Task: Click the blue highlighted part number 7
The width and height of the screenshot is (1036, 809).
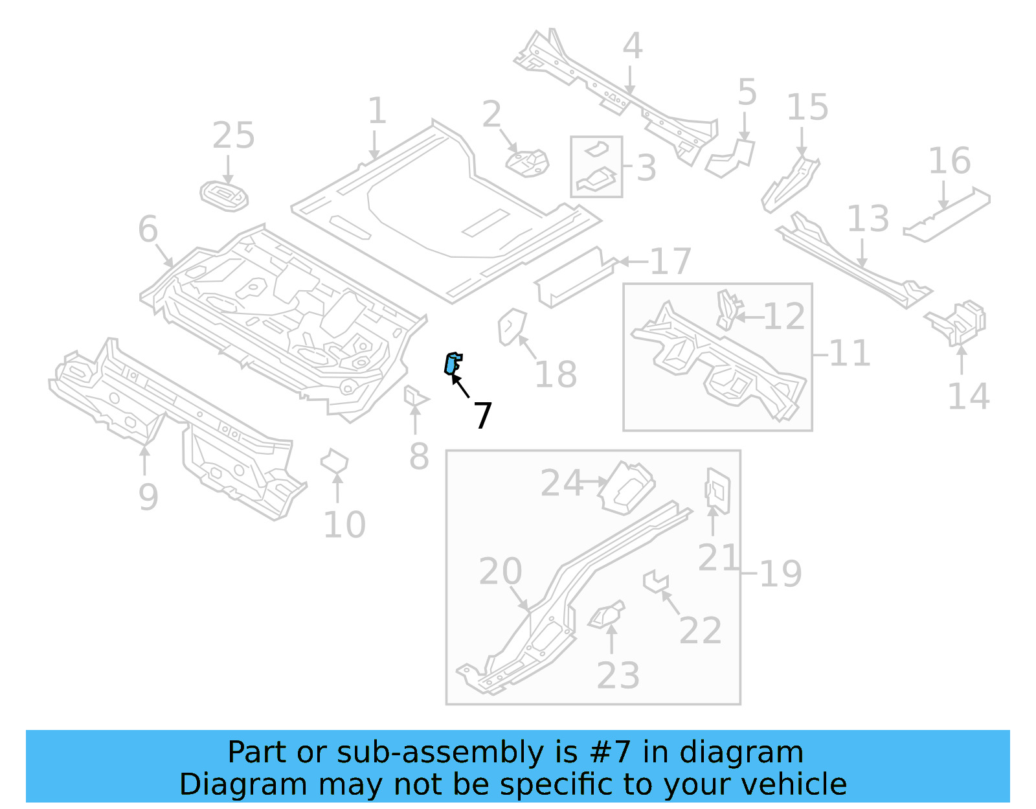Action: click(x=453, y=363)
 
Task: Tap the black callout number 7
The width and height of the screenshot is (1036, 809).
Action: click(x=482, y=415)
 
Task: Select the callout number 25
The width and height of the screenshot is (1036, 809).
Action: click(x=233, y=136)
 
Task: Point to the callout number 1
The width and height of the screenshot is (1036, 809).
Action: click(x=377, y=111)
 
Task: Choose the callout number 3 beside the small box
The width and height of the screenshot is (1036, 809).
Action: click(x=646, y=168)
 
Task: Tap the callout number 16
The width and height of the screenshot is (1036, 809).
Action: click(x=949, y=161)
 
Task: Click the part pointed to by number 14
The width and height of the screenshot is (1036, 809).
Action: click(x=961, y=322)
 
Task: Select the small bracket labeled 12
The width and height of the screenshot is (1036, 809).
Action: click(x=728, y=310)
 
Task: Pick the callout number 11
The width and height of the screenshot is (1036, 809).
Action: click(x=849, y=354)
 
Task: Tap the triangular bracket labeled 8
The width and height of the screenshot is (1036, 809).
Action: click(x=414, y=397)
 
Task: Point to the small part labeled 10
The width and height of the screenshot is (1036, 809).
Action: click(x=334, y=462)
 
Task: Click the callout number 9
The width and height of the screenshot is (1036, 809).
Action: click(x=148, y=497)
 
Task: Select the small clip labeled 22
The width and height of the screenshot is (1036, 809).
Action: click(x=655, y=580)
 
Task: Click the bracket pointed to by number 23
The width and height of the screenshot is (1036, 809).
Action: click(x=607, y=615)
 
